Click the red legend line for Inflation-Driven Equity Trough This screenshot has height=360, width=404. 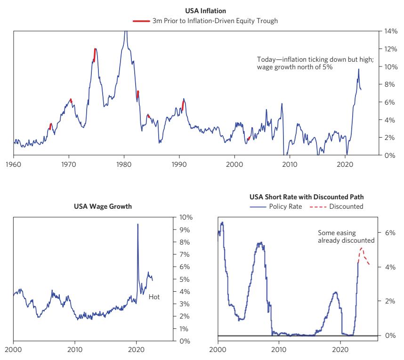pos(141,21)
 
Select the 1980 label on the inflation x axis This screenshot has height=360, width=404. pos(124,164)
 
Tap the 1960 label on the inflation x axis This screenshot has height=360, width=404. pos(14,164)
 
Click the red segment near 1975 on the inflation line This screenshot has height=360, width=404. pos(95,54)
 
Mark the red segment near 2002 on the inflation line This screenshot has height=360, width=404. pos(249,139)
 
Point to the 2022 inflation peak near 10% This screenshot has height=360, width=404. pos(358,70)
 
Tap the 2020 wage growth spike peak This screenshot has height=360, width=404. pos(137,224)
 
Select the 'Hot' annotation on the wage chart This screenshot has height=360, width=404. pos(154,297)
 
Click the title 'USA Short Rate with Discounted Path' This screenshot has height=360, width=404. pos(299,197)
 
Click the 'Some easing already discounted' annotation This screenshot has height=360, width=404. pos(346,237)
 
